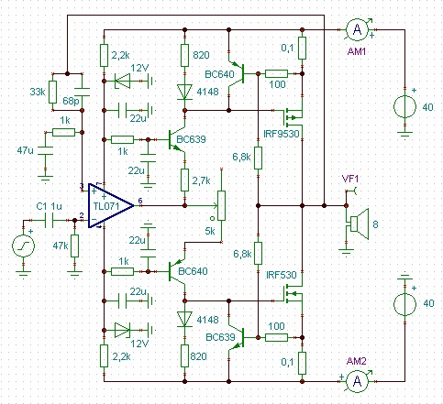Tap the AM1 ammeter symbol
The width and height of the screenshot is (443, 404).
(357, 29)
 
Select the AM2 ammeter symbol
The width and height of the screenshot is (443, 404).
(357, 381)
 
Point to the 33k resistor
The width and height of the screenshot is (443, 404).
(53, 93)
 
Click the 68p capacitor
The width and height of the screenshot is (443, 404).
(83, 93)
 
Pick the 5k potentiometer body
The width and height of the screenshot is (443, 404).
(221, 205)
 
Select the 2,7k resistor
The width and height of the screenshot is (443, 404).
(184, 180)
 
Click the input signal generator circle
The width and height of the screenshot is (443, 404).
(24, 246)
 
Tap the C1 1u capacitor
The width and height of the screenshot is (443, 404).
(49, 221)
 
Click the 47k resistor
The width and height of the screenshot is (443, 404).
(74, 246)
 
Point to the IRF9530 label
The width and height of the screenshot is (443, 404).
(282, 134)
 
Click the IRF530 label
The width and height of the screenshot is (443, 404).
(282, 275)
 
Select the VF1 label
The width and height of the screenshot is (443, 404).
(350, 180)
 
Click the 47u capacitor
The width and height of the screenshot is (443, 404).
(45, 150)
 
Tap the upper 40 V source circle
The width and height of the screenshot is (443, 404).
(404, 106)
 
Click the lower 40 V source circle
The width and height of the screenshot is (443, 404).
(404, 304)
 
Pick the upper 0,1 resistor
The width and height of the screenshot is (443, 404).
(302, 48)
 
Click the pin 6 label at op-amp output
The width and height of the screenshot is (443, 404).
(140, 201)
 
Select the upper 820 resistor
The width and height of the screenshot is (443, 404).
(184, 55)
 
